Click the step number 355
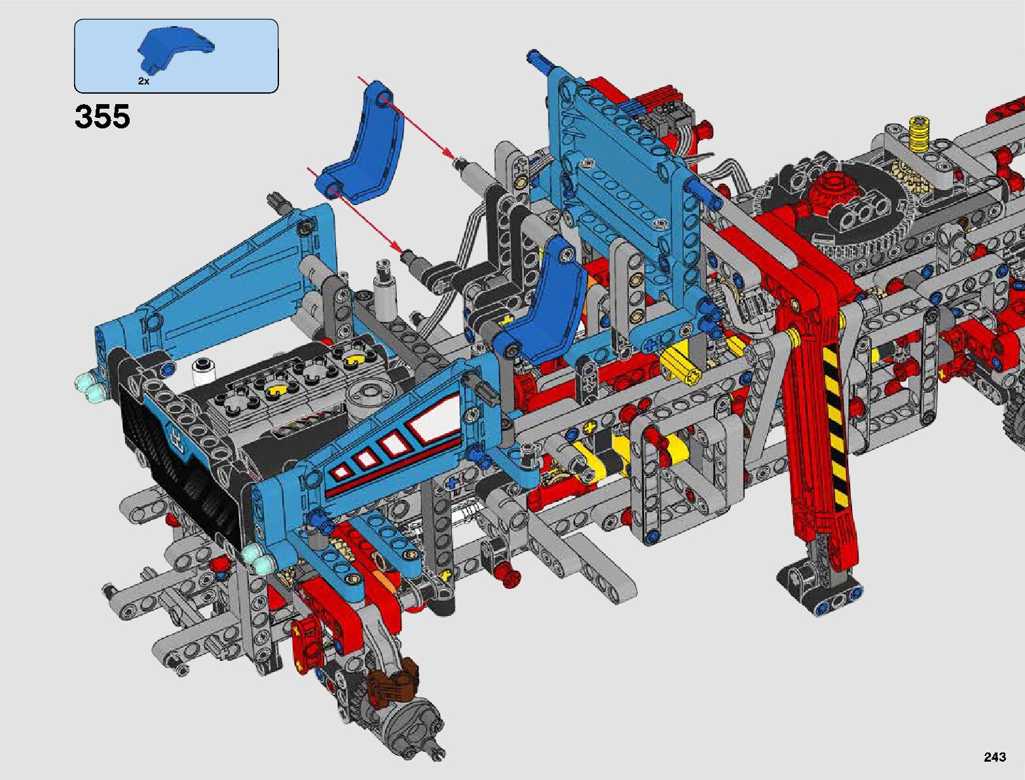point(102,116)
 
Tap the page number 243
point(995,756)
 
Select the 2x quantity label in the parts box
point(143,81)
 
